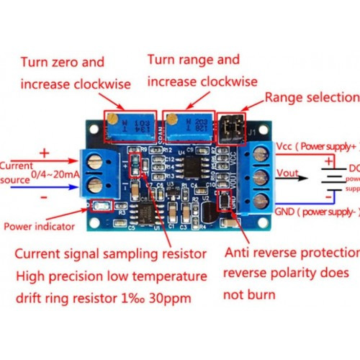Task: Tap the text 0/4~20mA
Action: [x=55, y=175]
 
